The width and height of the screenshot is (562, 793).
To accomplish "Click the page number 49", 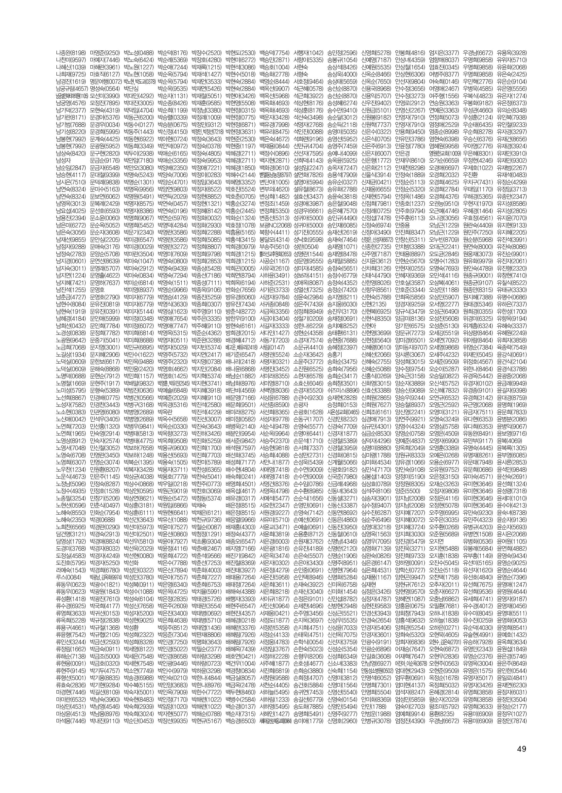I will pos(521,746).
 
